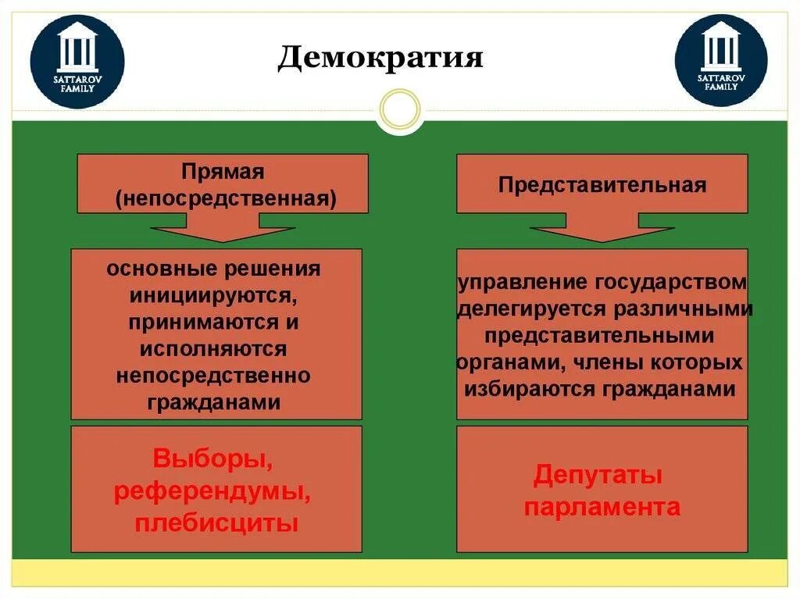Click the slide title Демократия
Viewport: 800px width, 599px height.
(380, 57)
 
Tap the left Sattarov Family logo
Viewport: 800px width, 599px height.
(77, 60)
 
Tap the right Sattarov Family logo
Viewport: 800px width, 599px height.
(721, 60)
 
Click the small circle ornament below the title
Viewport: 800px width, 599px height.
(400, 110)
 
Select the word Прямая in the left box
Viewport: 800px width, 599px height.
(223, 171)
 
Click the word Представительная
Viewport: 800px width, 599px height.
(602, 185)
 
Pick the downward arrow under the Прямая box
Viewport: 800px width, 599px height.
(223, 233)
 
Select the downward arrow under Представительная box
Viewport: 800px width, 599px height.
(602, 233)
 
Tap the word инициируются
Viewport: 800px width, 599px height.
(213, 296)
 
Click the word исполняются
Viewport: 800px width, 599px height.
(213, 349)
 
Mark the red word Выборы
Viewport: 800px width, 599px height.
(212, 459)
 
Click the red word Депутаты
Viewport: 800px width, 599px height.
(598, 475)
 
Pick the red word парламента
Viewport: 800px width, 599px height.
(602, 507)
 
